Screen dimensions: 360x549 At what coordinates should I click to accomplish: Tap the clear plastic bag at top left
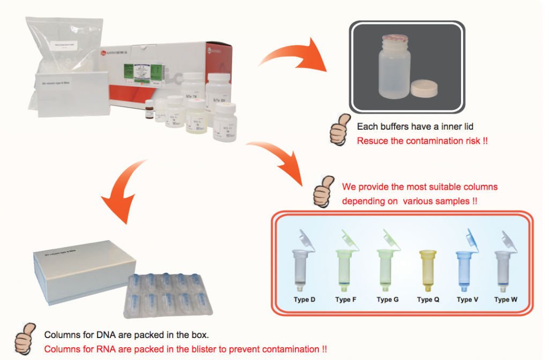(x=64, y=48)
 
